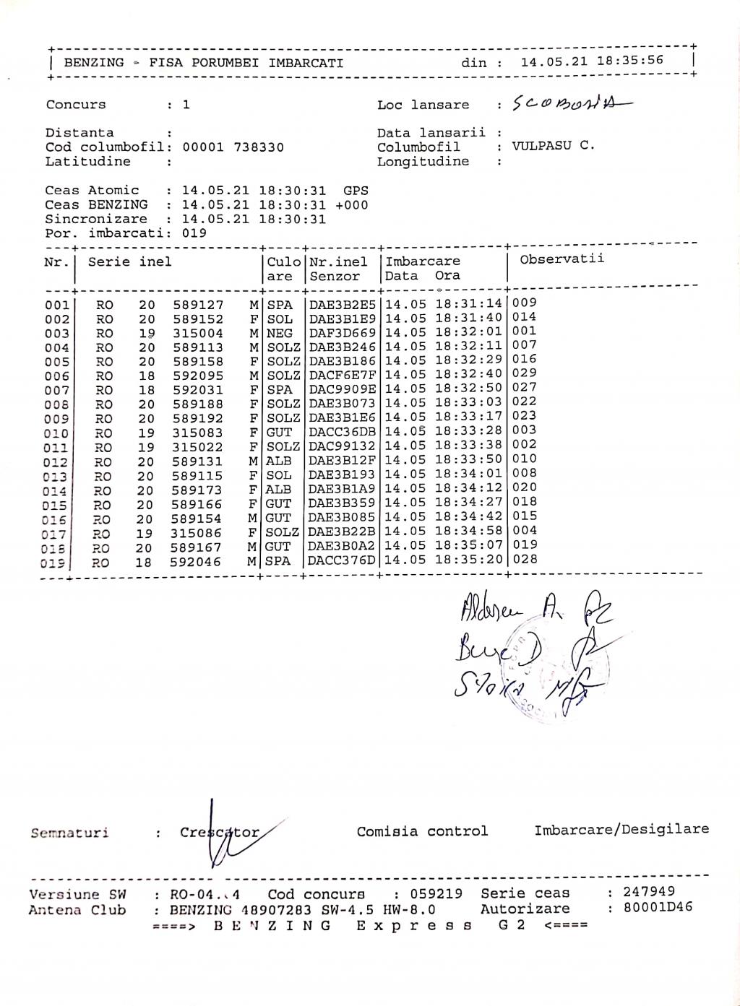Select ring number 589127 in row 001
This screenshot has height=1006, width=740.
click(198, 305)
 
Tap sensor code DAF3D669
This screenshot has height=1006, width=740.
click(343, 333)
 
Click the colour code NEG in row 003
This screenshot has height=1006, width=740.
click(280, 333)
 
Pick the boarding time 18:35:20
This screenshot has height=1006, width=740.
click(468, 560)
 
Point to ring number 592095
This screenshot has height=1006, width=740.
click(198, 376)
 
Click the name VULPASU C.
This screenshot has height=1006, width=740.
click(554, 146)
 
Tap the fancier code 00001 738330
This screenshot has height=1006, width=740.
click(233, 147)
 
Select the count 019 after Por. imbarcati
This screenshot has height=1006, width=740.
click(194, 233)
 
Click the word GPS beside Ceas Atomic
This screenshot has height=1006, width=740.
click(356, 191)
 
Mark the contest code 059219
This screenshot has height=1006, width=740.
click(436, 894)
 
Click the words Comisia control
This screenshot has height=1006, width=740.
click(422, 831)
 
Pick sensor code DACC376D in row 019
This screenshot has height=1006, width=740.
click(343, 560)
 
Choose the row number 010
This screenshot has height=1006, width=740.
click(57, 433)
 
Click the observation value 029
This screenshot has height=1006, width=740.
click(525, 373)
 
